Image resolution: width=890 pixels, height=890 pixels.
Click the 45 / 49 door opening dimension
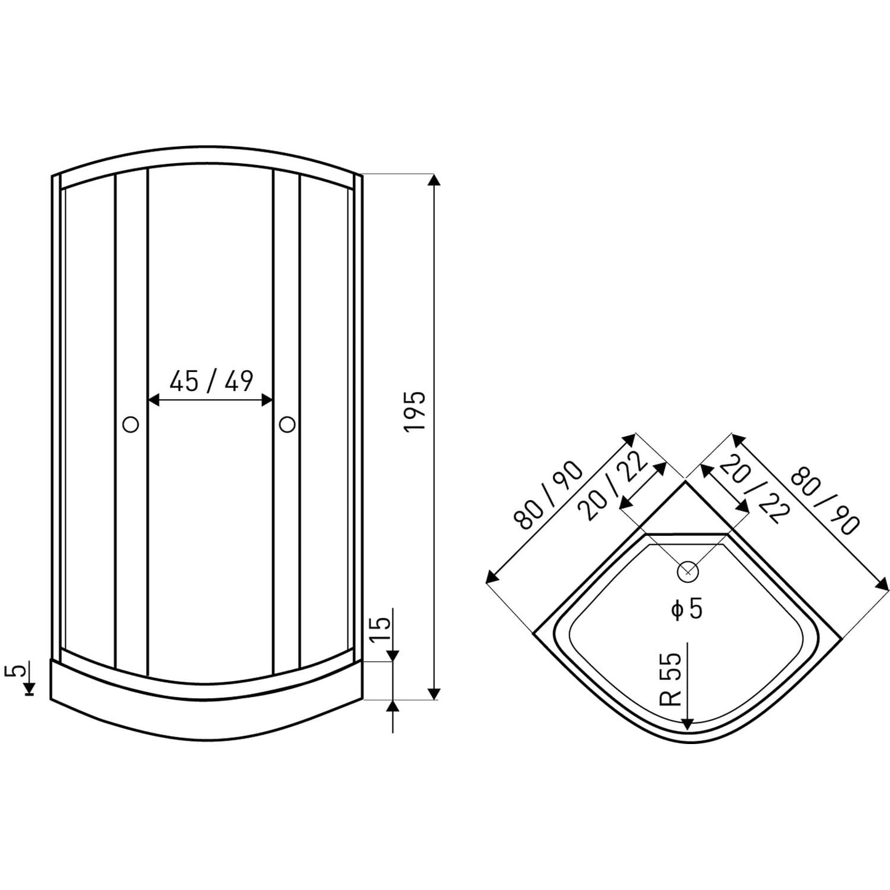click(211, 381)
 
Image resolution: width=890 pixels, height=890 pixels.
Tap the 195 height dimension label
click(415, 411)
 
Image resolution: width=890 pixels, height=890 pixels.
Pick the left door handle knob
click(131, 424)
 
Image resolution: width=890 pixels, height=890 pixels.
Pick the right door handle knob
click(287, 424)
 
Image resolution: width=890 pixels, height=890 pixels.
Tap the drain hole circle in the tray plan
click(688, 572)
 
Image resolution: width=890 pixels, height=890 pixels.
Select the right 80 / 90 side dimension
click(825, 501)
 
